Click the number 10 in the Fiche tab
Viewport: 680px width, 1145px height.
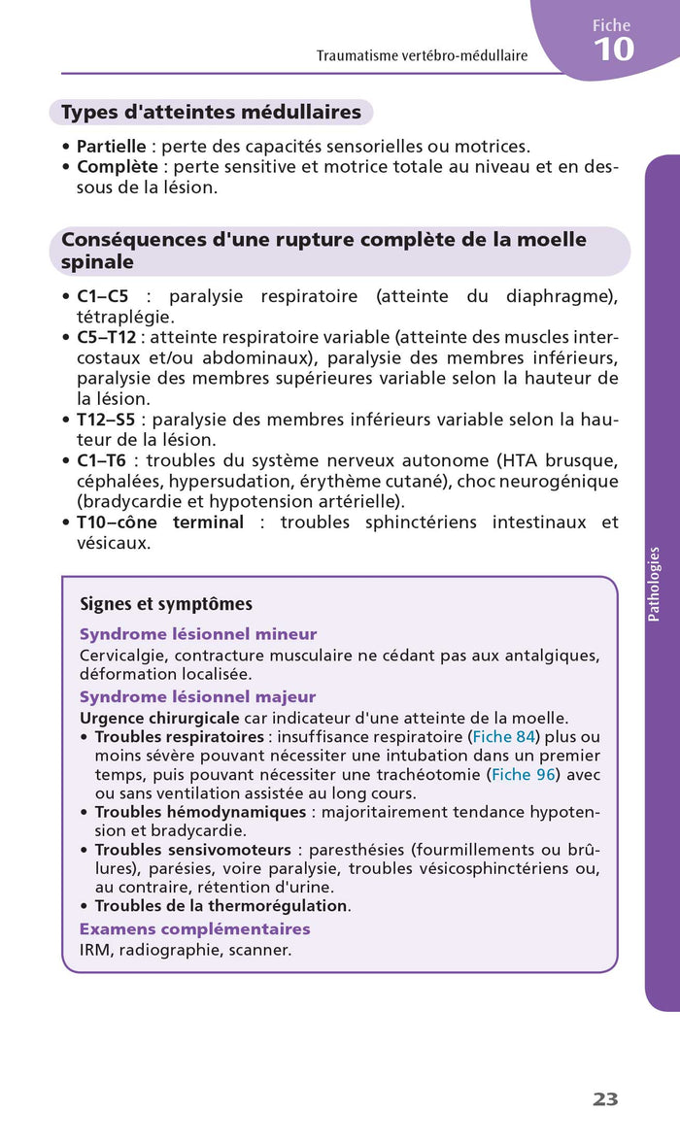[x=613, y=49]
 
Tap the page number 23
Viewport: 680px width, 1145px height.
[x=605, y=1099]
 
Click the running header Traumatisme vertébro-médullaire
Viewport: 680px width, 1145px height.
[x=422, y=55]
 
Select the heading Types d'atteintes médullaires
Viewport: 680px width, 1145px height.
[x=211, y=113]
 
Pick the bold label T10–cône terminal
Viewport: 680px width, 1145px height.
[x=160, y=522]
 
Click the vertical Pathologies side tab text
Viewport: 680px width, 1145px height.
[x=654, y=584]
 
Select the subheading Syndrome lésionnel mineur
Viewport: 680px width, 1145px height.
[x=198, y=634]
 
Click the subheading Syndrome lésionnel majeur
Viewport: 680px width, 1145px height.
[x=197, y=696]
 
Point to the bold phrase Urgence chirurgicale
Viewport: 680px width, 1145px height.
[x=159, y=718]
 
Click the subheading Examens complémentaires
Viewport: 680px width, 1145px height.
[x=194, y=929]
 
